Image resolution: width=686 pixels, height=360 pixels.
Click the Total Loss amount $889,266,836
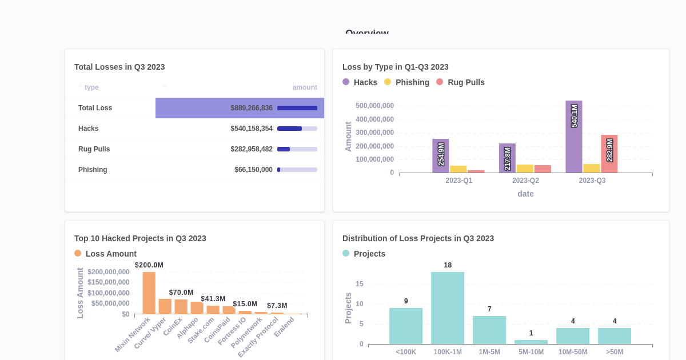tap(252, 108)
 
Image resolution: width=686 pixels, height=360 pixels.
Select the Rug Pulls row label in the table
tap(94, 149)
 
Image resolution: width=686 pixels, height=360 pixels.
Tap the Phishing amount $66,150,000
tap(253, 170)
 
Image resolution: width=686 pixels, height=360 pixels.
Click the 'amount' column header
tap(305, 87)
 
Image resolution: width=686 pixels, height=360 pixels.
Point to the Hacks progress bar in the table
tap(297, 129)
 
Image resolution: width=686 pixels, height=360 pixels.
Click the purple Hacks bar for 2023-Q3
tap(574, 137)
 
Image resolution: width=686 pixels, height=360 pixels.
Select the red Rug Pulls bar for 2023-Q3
tap(609, 154)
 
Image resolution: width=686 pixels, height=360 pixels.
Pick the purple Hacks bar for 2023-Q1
tap(441, 156)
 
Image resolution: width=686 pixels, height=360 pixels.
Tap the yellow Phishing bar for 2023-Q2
tap(525, 169)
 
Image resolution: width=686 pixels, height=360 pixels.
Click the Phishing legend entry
tap(406, 82)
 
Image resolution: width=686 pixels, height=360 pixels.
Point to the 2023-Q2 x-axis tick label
tap(525, 181)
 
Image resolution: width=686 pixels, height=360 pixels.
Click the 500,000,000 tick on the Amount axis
tap(374, 106)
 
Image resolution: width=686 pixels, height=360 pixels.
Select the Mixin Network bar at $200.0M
tap(149, 293)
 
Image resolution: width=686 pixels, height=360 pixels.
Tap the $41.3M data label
tap(213, 299)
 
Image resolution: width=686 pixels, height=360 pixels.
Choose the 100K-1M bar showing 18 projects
tap(448, 308)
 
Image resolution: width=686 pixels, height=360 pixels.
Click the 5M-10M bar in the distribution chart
tap(531, 342)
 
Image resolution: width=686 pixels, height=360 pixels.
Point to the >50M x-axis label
tap(615, 352)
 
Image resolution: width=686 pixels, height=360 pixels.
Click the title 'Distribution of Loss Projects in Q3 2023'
tap(418, 238)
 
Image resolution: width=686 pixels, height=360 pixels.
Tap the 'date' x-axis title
tap(525, 194)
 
